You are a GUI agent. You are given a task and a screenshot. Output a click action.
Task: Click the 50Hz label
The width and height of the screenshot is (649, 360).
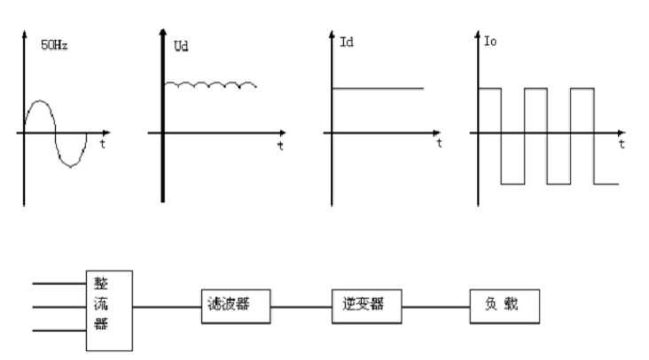55,43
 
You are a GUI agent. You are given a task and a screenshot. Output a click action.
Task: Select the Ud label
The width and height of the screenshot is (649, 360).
180,45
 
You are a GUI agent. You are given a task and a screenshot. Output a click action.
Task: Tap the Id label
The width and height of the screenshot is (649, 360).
347,42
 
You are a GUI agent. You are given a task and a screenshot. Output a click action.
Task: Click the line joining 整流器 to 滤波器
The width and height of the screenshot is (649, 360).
166,307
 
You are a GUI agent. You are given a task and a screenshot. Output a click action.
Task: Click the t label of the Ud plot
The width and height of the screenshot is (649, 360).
280,145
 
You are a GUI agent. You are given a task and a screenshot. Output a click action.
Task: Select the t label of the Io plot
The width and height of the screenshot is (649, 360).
622,144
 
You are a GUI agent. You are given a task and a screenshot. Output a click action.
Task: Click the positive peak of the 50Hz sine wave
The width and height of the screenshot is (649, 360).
40,101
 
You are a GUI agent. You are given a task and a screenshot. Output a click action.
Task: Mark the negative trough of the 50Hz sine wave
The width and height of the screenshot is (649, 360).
72,165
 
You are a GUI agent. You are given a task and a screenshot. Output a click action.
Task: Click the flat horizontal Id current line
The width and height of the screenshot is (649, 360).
377,89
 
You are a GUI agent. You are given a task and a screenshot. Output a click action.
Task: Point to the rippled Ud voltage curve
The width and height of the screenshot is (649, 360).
213,84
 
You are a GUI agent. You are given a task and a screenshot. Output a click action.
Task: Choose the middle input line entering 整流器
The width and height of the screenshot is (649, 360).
59,308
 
